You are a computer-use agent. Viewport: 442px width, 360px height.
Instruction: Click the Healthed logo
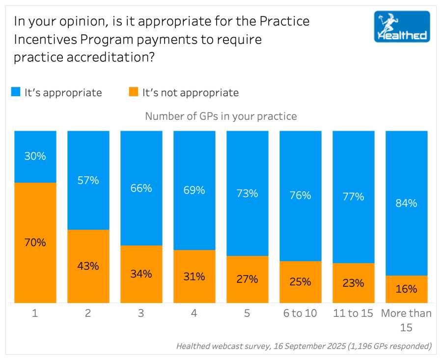click(x=402, y=27)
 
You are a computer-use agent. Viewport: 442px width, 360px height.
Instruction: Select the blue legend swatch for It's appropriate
click(x=16, y=92)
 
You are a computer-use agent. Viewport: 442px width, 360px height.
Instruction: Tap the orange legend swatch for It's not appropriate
click(x=133, y=92)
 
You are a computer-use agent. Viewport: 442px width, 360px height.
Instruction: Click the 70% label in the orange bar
click(x=35, y=242)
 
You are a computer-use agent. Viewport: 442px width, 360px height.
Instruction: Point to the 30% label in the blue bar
click(x=35, y=156)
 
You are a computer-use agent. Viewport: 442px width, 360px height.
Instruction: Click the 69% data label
click(x=194, y=190)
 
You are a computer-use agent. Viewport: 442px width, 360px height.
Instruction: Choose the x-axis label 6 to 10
click(x=301, y=313)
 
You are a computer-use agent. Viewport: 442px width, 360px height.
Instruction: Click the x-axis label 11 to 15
click(x=354, y=313)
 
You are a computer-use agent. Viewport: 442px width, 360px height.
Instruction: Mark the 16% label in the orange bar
click(x=407, y=289)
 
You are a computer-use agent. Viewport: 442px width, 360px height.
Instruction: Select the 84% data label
click(x=407, y=203)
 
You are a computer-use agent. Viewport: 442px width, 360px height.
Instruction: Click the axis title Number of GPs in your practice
click(x=221, y=116)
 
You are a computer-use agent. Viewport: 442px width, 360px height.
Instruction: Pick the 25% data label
click(x=301, y=281)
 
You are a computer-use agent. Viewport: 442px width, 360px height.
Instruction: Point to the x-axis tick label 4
click(x=194, y=313)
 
